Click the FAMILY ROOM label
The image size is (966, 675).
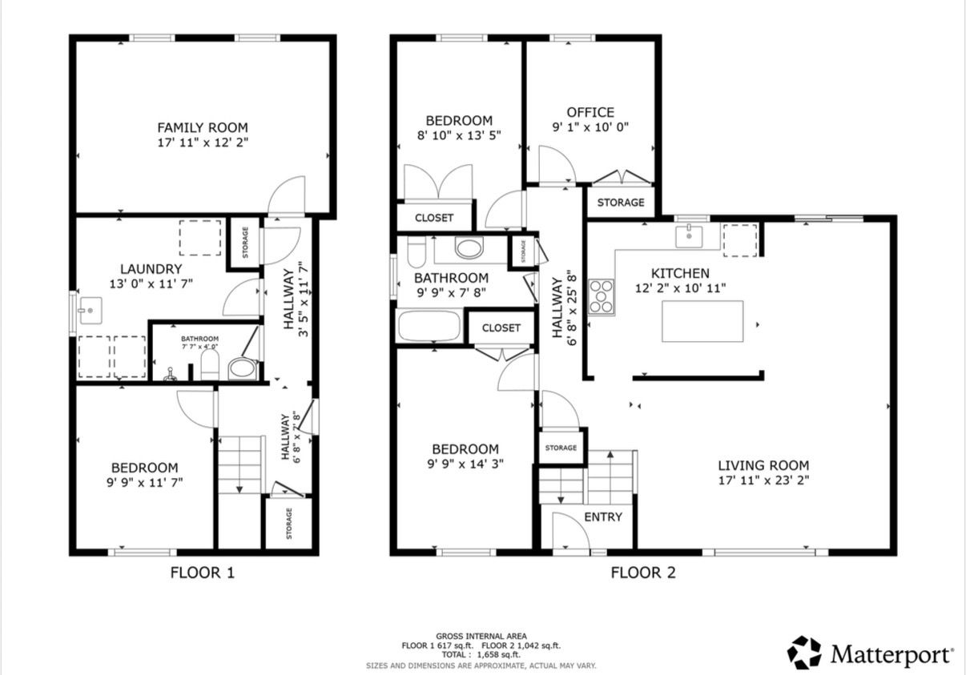point(203,127)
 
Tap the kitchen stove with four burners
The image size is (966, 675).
point(602,296)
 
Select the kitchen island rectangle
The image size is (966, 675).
point(702,321)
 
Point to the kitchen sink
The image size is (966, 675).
point(689,236)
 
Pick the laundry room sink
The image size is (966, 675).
point(90,311)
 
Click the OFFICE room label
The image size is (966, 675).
point(590,112)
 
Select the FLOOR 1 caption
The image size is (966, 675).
point(203,573)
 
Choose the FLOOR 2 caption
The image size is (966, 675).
point(643,573)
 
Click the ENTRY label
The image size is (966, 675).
point(603,516)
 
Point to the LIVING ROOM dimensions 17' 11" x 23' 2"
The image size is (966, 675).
point(763,480)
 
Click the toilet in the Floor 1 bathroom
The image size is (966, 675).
point(210,364)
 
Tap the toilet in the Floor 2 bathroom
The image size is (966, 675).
point(417,251)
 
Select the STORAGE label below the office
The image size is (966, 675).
point(621,202)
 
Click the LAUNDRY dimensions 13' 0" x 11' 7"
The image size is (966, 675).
point(151,284)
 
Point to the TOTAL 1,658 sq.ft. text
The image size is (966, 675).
point(481,654)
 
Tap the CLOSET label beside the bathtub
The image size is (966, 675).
point(501,328)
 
